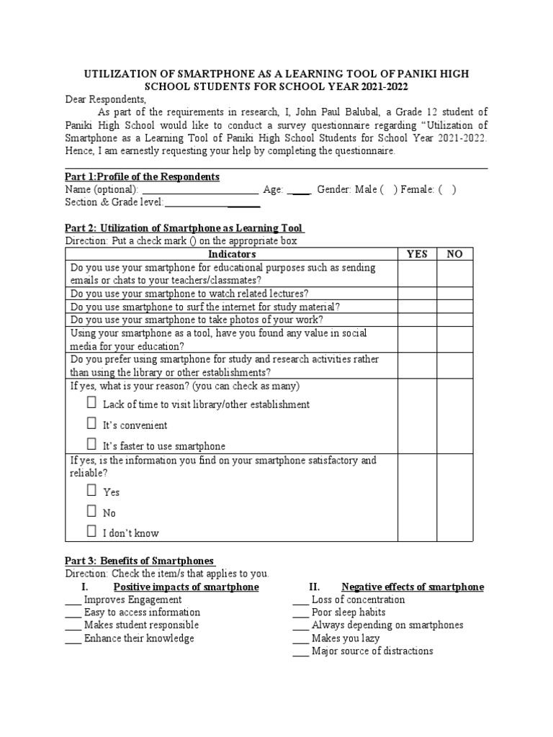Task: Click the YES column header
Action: coord(417,254)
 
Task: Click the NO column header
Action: coord(455,254)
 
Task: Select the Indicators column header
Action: coord(231,254)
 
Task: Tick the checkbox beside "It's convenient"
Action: coord(91,424)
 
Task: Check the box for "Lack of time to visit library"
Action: coord(91,403)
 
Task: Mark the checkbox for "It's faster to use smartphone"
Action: coord(91,444)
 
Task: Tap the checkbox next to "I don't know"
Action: coord(91,532)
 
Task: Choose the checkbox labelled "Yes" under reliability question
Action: coord(91,491)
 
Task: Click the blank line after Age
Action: coord(299,191)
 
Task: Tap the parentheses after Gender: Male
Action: coord(389,190)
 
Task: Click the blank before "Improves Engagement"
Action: coord(73,600)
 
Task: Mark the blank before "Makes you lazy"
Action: coord(301,639)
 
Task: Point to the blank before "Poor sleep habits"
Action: coord(301,613)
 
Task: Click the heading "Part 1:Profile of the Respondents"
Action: coord(142,177)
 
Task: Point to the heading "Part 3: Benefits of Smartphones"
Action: coord(140,561)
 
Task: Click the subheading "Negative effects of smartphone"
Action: coord(412,587)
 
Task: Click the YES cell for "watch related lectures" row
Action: coord(417,294)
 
